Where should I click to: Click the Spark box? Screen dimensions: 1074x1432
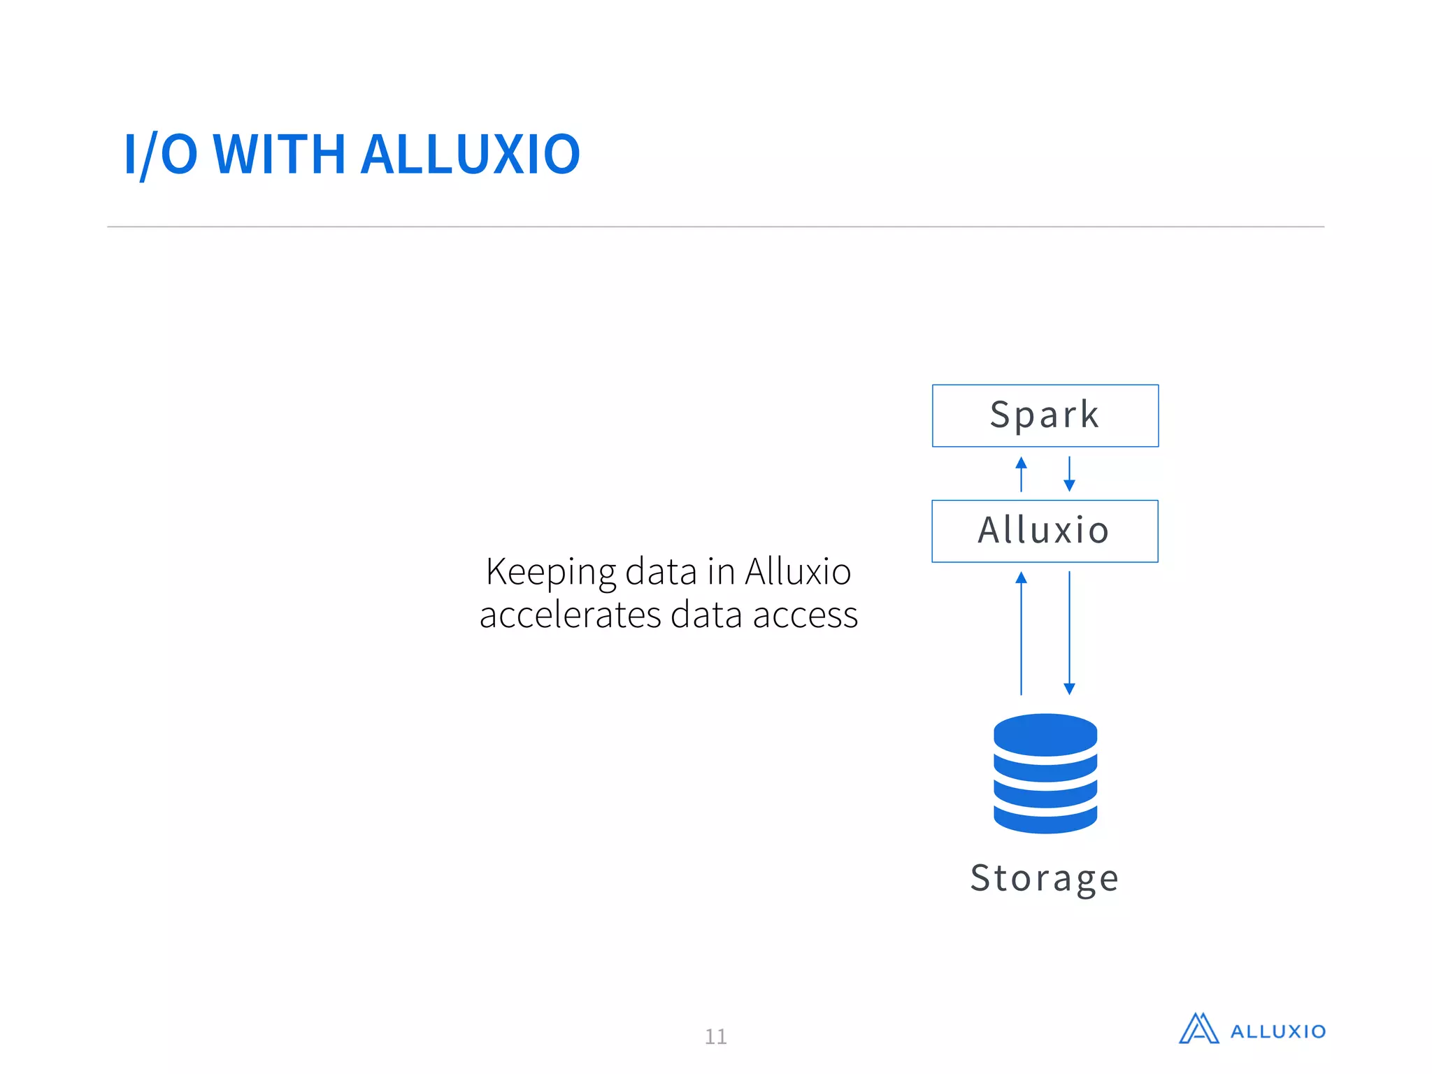1045,415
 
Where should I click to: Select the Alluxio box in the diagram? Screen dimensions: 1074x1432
1045,531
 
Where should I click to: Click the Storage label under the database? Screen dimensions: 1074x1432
1045,878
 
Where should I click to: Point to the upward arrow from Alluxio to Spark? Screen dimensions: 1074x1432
1021,474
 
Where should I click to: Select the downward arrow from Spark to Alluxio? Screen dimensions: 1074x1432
1069,474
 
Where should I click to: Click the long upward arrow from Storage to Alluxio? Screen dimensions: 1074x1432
1021,633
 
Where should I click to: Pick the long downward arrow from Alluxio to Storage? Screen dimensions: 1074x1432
1069,633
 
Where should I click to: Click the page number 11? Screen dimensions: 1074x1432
715,1036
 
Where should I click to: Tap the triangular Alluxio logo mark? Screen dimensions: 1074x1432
1198,1029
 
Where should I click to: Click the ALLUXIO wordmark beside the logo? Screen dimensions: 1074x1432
1277,1032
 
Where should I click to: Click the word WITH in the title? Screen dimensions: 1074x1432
279,155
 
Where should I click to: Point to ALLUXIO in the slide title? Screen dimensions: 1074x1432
471,155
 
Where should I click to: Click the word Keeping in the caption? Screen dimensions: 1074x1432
551,572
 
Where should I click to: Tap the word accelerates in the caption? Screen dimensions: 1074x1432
570,615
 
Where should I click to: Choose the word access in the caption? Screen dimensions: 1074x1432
805,615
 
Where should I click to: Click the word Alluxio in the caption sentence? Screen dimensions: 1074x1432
798,572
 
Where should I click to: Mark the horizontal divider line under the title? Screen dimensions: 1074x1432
715,227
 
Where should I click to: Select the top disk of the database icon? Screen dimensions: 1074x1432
1045,733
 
